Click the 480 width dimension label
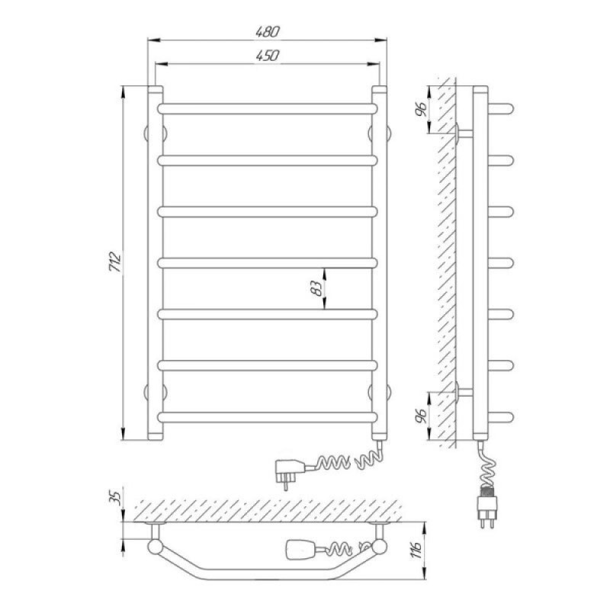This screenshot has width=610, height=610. click(x=268, y=31)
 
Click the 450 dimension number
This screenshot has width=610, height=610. click(x=268, y=56)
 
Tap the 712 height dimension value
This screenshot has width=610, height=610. click(x=116, y=262)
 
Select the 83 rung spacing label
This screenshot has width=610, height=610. click(x=318, y=288)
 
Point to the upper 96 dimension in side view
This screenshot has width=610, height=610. click(x=422, y=109)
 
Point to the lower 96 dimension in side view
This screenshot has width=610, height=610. click(x=422, y=416)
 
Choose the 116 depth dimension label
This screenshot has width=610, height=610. click(x=416, y=550)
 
